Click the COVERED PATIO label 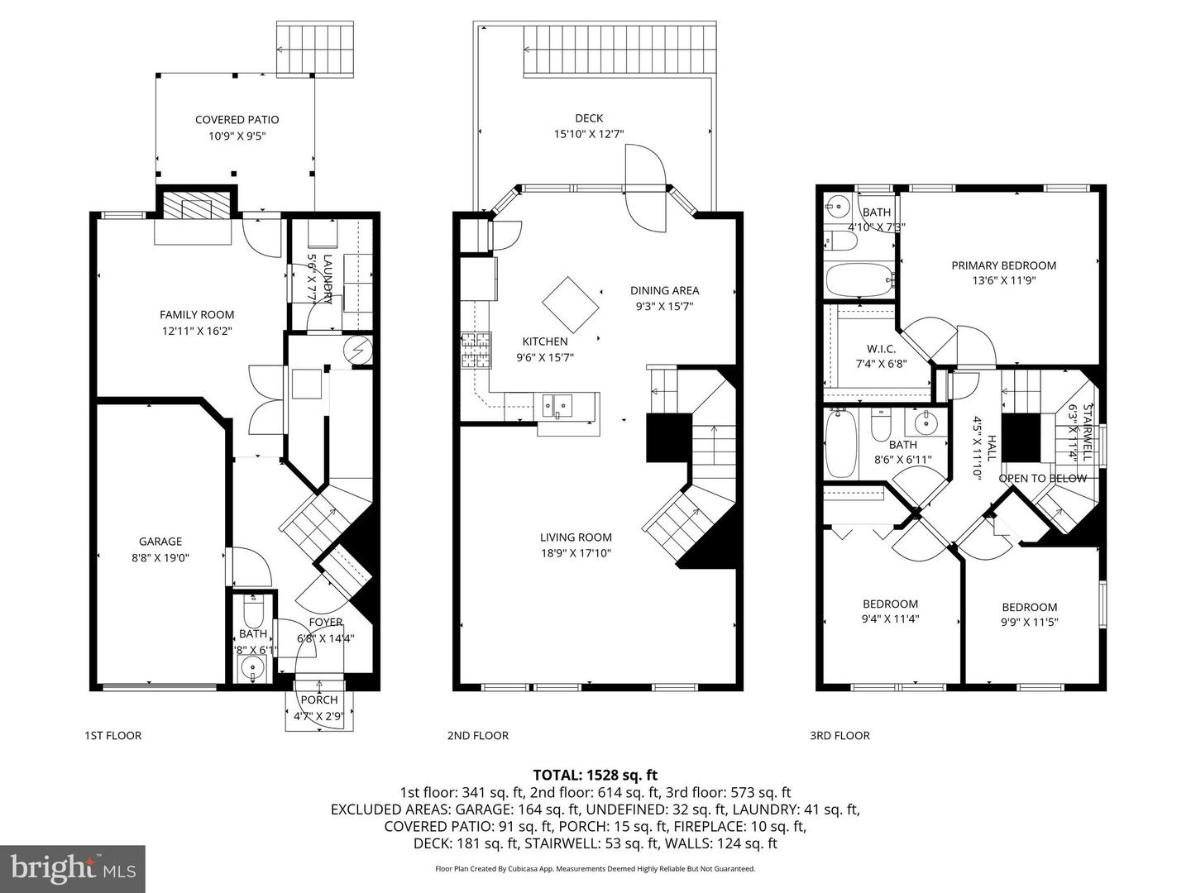237,120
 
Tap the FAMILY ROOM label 197,314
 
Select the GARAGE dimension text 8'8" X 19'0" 160,557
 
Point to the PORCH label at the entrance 319,700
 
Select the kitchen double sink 557,405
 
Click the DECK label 589,118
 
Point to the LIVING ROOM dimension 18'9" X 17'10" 576,553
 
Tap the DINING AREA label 664,290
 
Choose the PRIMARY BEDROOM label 1003,265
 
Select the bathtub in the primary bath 859,280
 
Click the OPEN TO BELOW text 1042,479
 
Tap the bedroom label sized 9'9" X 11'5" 1029,607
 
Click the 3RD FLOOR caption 839,735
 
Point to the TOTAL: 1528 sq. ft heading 595,775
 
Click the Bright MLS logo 73,868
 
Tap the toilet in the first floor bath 253,612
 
